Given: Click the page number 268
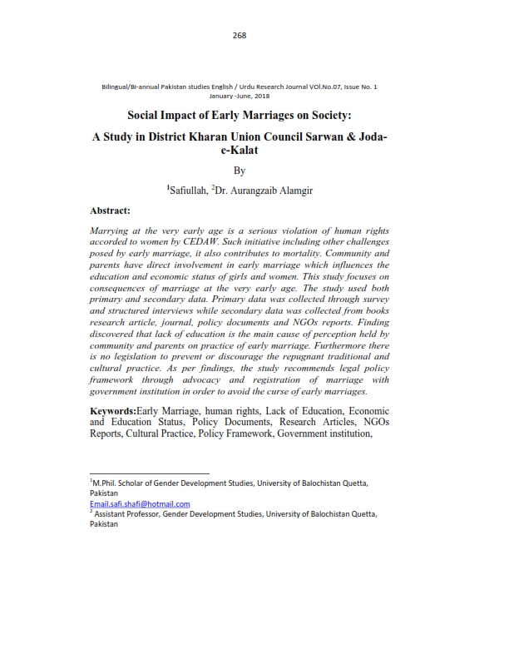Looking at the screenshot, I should pyautogui.click(x=240, y=34).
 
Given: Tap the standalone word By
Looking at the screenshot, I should pyautogui.click(x=240, y=171).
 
